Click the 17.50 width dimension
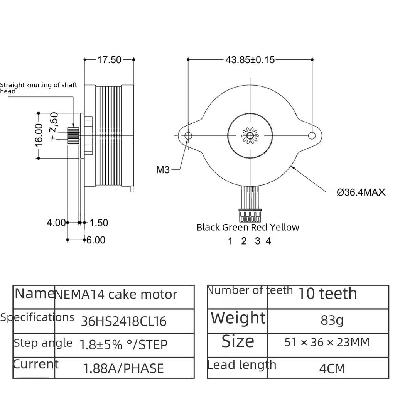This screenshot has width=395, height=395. click(x=109, y=60)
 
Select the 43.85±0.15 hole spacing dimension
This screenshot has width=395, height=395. click(x=250, y=60)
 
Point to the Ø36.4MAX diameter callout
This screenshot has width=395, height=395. click(x=361, y=192)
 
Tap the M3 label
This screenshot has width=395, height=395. click(x=162, y=169)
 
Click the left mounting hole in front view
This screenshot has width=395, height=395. click(x=188, y=136)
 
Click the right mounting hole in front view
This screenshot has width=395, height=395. click(x=312, y=136)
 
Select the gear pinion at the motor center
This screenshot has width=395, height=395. click(x=250, y=136)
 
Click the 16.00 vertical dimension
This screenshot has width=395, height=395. click(x=39, y=135)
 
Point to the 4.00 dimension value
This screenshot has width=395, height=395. click(x=56, y=223)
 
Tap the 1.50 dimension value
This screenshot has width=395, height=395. click(x=99, y=223)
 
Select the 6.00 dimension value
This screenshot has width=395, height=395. click(x=96, y=240)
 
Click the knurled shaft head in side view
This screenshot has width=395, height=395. click(x=73, y=135)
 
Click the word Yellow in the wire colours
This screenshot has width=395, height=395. click(x=284, y=227)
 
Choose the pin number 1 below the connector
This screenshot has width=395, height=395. click(x=230, y=241)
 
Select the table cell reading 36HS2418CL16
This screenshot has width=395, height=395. click(x=123, y=321)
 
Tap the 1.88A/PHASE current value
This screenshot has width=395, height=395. click(x=123, y=368)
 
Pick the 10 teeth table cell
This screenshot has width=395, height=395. click(x=327, y=294)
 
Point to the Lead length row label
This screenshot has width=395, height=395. click(x=242, y=365)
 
